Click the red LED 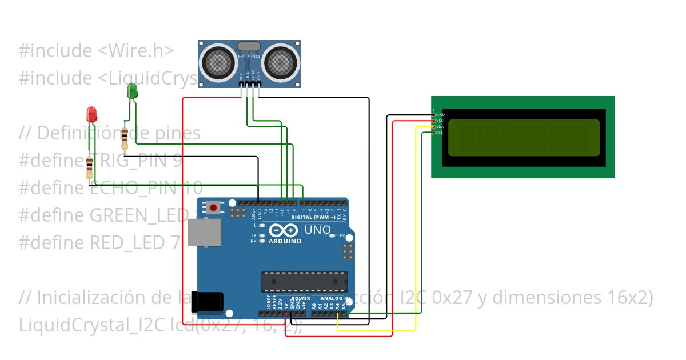tap(91, 113)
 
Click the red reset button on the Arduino tap(214, 207)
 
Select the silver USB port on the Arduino tap(204, 232)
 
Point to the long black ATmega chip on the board tap(304, 281)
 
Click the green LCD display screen tap(524, 138)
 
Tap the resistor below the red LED tap(89, 167)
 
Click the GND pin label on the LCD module tap(440, 115)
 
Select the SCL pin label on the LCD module tap(440, 133)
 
